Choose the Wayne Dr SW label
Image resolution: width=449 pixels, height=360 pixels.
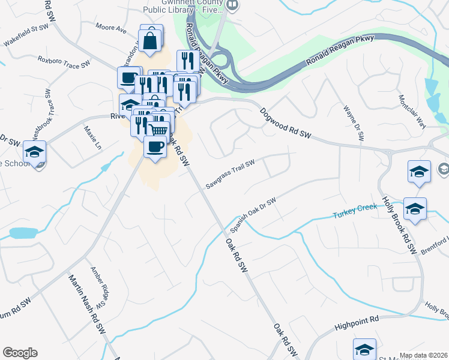tap(354, 124)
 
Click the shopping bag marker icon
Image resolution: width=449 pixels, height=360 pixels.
tap(151, 41)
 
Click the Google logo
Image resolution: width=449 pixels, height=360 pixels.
tap(20, 353)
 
